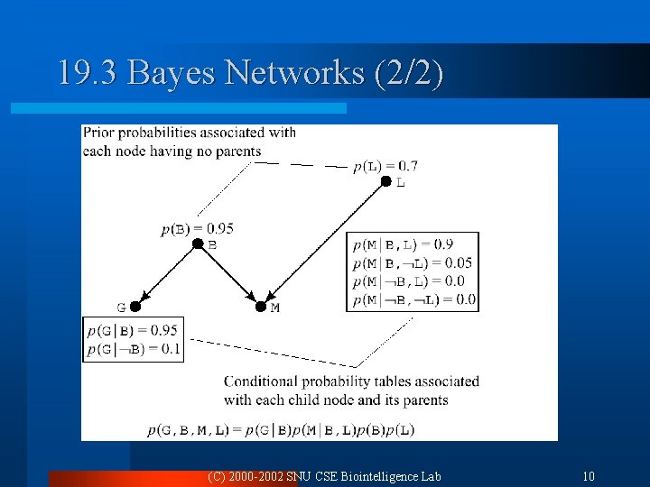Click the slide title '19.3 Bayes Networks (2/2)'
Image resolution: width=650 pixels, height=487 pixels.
click(x=250, y=73)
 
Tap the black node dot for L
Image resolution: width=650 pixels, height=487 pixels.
click(x=385, y=181)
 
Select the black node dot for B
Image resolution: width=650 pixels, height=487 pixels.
click(x=198, y=243)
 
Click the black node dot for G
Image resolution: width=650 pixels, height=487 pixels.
click(x=135, y=307)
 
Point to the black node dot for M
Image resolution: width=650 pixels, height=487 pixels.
click(x=261, y=307)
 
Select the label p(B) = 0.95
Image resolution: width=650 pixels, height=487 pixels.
click(x=198, y=228)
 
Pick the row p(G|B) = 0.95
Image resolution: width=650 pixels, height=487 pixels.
click(x=133, y=330)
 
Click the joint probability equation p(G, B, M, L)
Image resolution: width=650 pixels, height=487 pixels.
click(x=280, y=430)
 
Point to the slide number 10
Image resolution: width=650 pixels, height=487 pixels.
click(x=589, y=476)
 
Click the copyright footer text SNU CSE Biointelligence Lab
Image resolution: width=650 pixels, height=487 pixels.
click(x=363, y=476)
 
